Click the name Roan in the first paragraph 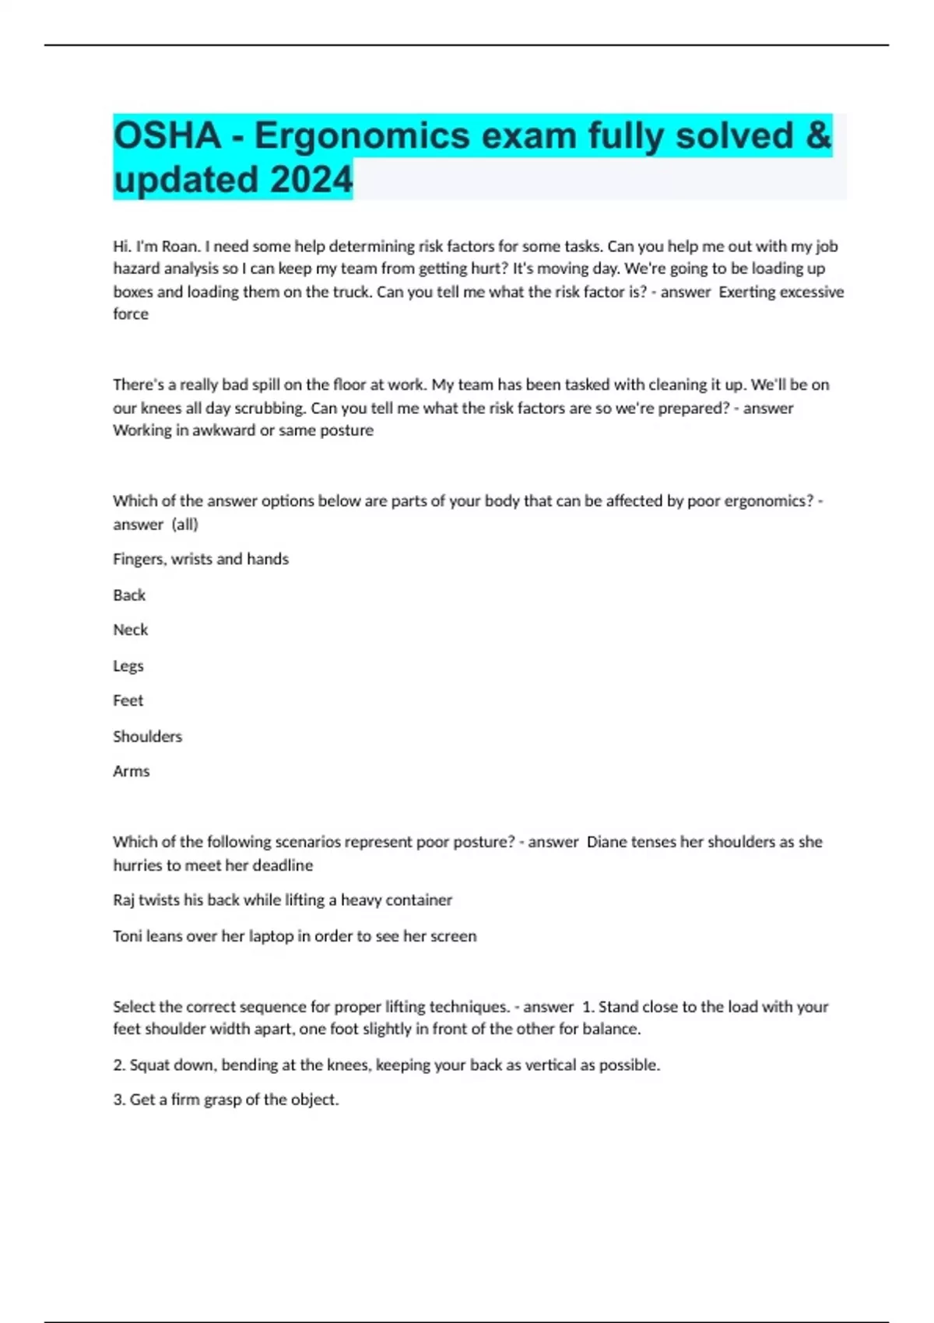pyautogui.click(x=179, y=247)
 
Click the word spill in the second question pyautogui.click(x=265, y=384)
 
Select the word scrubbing pyautogui.click(x=269, y=408)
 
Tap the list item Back pyautogui.click(x=129, y=595)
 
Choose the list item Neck pyautogui.click(x=130, y=630)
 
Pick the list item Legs pyautogui.click(x=128, y=666)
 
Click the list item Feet pyautogui.click(x=128, y=700)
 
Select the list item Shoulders pyautogui.click(x=147, y=736)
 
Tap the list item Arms pyautogui.click(x=131, y=771)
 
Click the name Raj pyautogui.click(x=124, y=900)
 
